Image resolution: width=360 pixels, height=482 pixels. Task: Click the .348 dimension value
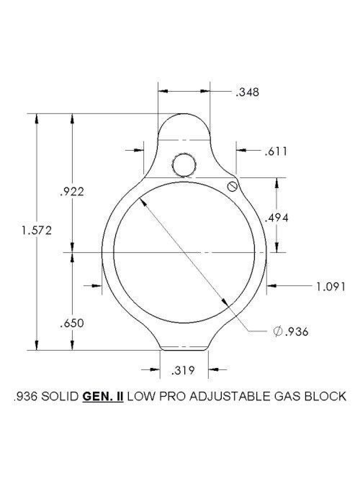click(x=247, y=92)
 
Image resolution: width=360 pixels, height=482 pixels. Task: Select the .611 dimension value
click(x=276, y=151)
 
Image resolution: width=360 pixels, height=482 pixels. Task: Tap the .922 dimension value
click(x=72, y=192)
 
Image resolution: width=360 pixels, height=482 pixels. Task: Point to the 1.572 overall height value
click(x=37, y=231)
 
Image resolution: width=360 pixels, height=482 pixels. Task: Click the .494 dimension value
click(x=276, y=218)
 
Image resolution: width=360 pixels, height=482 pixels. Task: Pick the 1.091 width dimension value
click(x=331, y=287)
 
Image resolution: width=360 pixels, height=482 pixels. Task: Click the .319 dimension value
click(x=183, y=370)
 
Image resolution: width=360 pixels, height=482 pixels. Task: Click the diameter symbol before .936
click(x=278, y=332)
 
